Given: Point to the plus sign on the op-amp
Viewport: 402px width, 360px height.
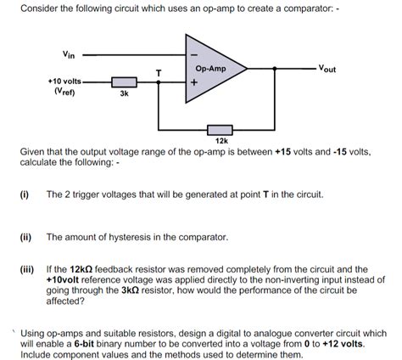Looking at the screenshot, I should click(x=194, y=82).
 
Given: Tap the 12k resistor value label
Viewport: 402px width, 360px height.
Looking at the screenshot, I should click(x=221, y=140).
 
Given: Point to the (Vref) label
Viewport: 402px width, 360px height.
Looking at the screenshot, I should click(x=64, y=92).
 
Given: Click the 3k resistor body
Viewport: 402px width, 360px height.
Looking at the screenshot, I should click(x=124, y=83).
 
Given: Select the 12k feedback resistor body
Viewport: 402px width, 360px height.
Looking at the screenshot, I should click(x=221, y=128).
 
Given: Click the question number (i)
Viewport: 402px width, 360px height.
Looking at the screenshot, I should click(x=25, y=194).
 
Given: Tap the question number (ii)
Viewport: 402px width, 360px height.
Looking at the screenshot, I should click(x=25, y=237).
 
